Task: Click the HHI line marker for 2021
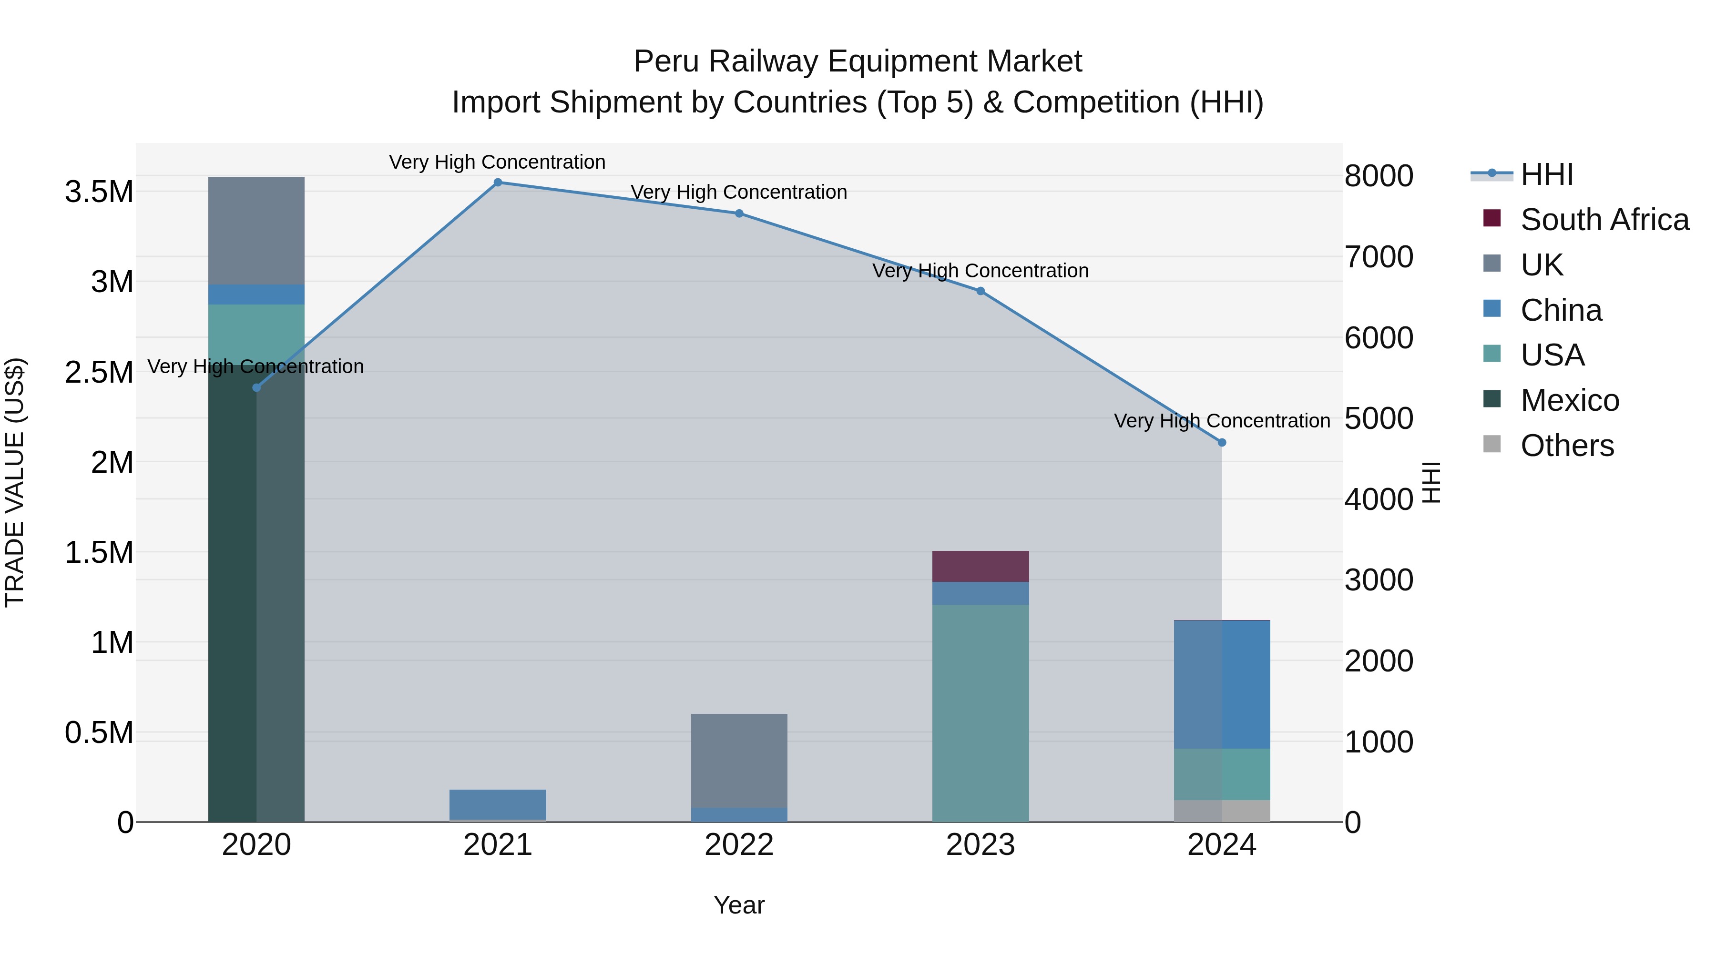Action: (498, 183)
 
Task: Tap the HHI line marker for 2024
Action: (1222, 442)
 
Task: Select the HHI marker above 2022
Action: (739, 213)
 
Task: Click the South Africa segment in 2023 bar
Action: (980, 567)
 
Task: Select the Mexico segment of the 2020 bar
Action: (256, 599)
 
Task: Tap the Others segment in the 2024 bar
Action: (1222, 811)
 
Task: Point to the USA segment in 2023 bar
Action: (980, 712)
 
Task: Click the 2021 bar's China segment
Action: (498, 804)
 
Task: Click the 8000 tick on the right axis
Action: (1378, 176)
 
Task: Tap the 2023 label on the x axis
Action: (980, 845)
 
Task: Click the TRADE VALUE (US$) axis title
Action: (15, 482)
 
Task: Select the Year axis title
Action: (739, 905)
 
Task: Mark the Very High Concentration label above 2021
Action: (497, 162)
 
